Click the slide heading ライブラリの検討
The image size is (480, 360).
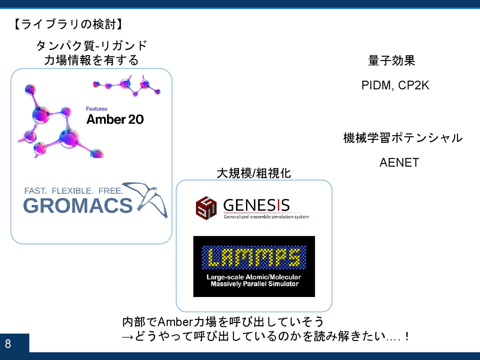[69, 24]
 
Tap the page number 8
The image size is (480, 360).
[8, 344]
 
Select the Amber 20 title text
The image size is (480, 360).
[115, 119]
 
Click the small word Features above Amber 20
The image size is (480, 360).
[97, 109]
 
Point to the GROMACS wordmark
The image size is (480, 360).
[78, 205]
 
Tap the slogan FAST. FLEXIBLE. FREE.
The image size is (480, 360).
[74, 191]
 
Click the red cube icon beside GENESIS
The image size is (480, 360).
[206, 208]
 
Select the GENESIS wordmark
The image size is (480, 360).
[256, 205]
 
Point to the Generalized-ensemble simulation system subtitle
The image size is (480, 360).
[266, 217]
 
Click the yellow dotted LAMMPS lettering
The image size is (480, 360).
[254, 257]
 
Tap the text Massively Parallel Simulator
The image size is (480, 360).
[254, 284]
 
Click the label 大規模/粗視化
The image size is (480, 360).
[254, 173]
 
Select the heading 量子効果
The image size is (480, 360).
[391, 61]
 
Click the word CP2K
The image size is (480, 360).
[414, 85]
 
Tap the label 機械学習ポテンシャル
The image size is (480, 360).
[403, 138]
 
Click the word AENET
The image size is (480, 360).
[399, 163]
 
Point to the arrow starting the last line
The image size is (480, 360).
[128, 337]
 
